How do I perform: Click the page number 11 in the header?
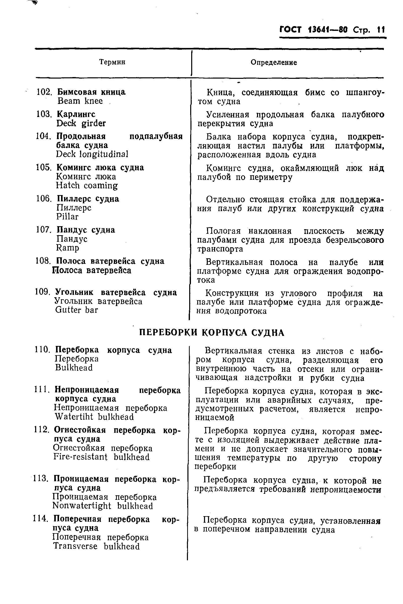coord(381,30)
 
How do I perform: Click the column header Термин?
coord(112,62)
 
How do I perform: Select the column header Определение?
coord(274,63)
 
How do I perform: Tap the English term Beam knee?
coord(80,101)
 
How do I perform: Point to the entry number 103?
coord(44,114)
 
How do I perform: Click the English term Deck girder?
coord(81,124)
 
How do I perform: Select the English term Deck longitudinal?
coord(92,154)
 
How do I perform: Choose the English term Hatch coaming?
coord(87,186)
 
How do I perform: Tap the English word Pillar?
coord(67,216)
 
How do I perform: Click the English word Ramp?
coord(68,248)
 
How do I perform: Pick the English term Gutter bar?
coord(77,310)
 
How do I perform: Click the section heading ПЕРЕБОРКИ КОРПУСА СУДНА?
coord(212,333)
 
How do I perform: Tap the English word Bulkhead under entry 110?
coord(74,368)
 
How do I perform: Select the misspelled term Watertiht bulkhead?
coord(94,417)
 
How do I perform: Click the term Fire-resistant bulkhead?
coord(101,457)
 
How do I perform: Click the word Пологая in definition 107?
coord(223,231)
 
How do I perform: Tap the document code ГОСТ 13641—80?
coord(313,30)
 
